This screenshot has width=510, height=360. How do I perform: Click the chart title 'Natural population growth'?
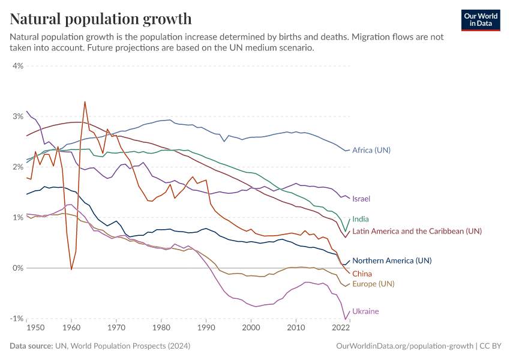tap(101, 19)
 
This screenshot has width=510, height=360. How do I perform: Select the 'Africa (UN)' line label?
tap(371, 150)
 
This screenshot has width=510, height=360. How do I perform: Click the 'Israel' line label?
tap(362, 199)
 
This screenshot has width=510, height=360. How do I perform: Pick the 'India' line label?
tap(361, 220)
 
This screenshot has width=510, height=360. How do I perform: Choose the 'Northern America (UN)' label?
tap(392, 261)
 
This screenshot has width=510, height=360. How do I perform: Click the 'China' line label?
tap(362, 274)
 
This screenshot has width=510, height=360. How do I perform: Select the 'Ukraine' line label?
tap(365, 311)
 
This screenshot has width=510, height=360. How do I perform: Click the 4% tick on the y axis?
tap(17, 66)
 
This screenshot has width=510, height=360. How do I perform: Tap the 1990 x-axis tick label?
tap(206, 328)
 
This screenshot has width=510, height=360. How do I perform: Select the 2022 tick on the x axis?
tap(341, 328)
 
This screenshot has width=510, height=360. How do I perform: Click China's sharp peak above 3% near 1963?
tap(85, 102)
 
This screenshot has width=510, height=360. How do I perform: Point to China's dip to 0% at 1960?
tap(71, 269)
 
